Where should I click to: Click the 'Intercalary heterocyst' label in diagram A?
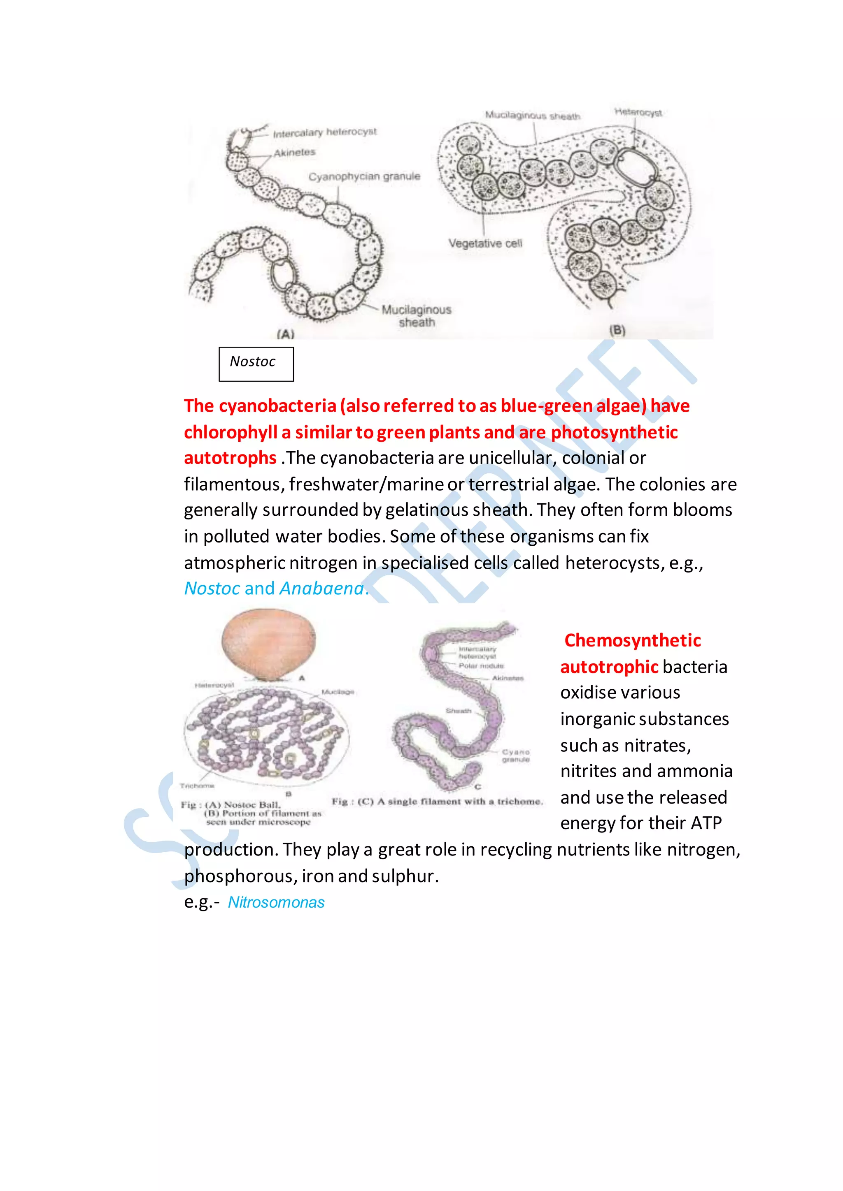[x=325, y=132]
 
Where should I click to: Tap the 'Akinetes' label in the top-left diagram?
[x=294, y=153]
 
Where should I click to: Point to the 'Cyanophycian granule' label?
[x=364, y=176]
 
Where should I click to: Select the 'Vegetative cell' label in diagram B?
[x=485, y=243]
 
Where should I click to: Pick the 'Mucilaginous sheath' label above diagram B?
[x=532, y=115]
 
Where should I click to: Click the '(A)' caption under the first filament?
[x=286, y=334]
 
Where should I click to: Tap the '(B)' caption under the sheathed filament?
[x=617, y=330]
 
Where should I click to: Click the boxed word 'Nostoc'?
[x=253, y=361]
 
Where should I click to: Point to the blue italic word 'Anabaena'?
[x=321, y=588]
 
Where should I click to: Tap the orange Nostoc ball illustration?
[x=268, y=643]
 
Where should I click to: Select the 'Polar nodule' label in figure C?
[x=481, y=665]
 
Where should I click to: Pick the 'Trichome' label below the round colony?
[x=197, y=786]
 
